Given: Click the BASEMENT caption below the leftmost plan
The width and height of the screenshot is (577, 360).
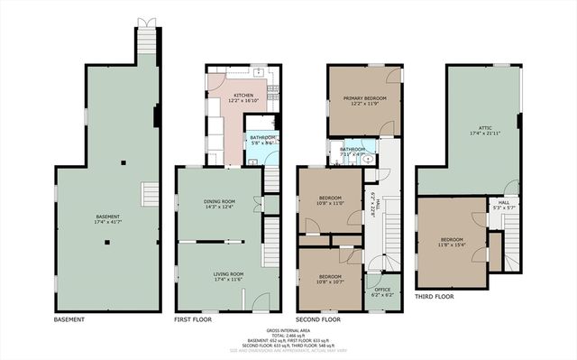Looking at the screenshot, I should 69,319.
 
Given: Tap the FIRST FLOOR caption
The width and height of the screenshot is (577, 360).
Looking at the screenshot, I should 194,319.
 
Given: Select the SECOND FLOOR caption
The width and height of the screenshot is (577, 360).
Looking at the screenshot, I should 318,319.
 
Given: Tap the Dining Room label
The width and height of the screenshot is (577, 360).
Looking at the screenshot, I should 220,203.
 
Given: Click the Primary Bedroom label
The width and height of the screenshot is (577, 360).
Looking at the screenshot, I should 364,100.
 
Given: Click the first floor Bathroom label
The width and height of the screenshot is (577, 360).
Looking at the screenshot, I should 262,140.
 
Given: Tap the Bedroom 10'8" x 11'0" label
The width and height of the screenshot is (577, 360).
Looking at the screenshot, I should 328,201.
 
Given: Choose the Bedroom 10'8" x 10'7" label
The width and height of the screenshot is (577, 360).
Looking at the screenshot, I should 328,279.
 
